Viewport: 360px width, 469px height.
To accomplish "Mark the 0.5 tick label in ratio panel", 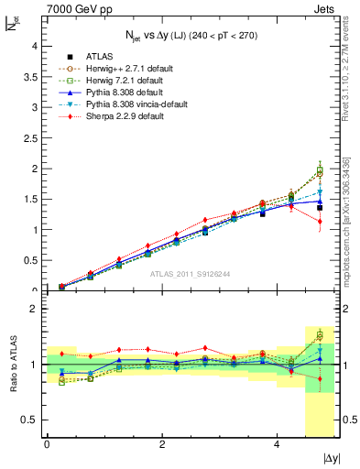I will coord(28,420).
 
